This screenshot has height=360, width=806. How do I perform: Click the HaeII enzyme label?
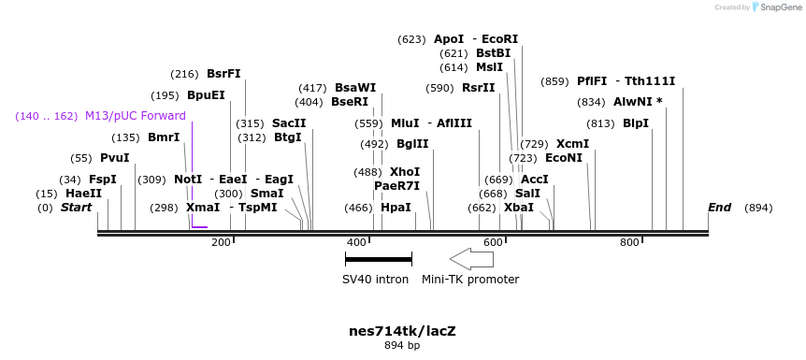pos(83,194)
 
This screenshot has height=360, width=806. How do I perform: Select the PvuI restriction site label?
pos(114,158)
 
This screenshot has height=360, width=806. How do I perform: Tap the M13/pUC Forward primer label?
pos(135,116)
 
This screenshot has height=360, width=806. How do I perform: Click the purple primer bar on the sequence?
pos(199,226)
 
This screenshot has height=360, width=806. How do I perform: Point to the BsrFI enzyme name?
pos(223,74)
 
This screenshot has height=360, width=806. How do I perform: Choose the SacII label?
pos(289,123)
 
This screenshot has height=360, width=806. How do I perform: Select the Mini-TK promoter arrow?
pos(471,258)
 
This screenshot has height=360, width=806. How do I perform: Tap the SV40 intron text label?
pos(375,279)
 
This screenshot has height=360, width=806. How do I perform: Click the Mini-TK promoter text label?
pos(470,279)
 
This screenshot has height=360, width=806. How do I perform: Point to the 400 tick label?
pos(356,243)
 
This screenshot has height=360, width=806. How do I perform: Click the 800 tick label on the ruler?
pos(629,243)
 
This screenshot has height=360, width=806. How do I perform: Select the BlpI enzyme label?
pos(636,123)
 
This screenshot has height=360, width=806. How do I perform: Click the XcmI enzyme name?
pos(572,144)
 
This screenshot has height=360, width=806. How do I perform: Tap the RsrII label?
pos(478,88)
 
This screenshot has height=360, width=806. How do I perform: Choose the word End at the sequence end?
pos(719,208)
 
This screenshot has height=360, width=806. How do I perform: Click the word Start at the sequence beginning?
pos(77,208)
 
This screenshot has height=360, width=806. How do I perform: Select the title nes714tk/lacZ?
pos(402,331)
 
